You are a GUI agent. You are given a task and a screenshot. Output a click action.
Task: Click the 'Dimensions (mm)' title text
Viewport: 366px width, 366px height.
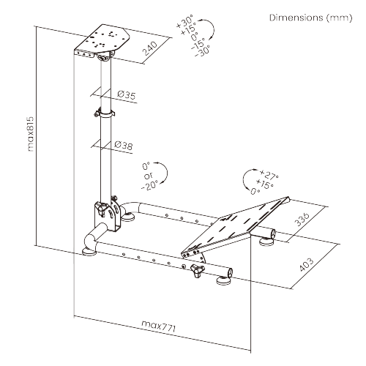click(x=311, y=18)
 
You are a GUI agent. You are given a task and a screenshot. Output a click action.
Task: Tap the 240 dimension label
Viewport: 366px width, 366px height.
click(x=149, y=48)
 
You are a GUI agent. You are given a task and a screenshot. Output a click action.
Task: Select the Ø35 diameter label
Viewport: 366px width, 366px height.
click(x=126, y=94)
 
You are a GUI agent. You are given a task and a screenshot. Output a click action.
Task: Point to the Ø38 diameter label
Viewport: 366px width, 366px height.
click(x=124, y=146)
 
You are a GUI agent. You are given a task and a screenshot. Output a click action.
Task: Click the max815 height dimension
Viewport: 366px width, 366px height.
click(x=30, y=134)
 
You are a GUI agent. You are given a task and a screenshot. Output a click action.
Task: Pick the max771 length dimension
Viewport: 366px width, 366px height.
click(x=159, y=326)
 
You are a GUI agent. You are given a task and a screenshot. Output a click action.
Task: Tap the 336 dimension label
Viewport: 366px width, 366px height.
click(x=302, y=219)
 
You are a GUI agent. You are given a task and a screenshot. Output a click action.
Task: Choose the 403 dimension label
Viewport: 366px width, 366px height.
click(x=307, y=264)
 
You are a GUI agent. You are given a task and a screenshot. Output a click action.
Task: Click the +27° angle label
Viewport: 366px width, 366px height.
click(x=269, y=175)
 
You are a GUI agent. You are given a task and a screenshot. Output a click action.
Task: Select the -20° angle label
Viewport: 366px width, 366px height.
click(x=150, y=185)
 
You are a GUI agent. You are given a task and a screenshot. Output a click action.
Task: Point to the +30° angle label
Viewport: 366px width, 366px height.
click(x=184, y=21)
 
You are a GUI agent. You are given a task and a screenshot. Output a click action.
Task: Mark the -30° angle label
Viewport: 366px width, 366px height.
click(x=202, y=51)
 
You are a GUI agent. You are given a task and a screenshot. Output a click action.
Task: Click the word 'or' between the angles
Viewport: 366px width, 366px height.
click(x=149, y=176)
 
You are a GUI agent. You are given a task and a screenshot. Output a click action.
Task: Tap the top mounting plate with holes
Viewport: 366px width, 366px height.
click(x=102, y=40)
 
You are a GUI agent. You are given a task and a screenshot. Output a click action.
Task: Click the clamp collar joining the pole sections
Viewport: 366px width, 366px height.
click(x=105, y=113)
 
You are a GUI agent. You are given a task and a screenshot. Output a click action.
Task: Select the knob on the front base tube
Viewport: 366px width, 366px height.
click(x=198, y=270)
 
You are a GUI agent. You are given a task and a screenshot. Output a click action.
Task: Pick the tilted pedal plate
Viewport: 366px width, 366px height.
click(x=236, y=227)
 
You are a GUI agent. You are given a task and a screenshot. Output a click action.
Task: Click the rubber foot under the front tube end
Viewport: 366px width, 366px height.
click(x=224, y=280)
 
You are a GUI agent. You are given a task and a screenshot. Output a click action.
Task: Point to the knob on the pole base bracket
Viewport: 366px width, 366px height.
click(x=102, y=209)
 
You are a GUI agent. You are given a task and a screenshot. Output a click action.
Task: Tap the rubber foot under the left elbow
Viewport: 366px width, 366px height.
click(x=89, y=252)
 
